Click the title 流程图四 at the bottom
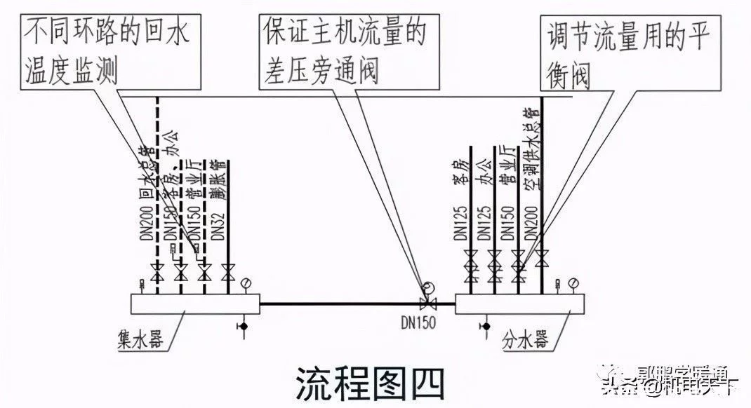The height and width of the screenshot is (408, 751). [371, 383]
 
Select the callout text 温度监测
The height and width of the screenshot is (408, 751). [72, 70]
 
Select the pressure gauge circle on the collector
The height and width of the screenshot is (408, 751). [246, 283]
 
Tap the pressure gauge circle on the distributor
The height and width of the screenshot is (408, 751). [574, 283]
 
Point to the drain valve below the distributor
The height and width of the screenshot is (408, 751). [484, 325]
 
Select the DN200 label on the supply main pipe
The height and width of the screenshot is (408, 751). [533, 224]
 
